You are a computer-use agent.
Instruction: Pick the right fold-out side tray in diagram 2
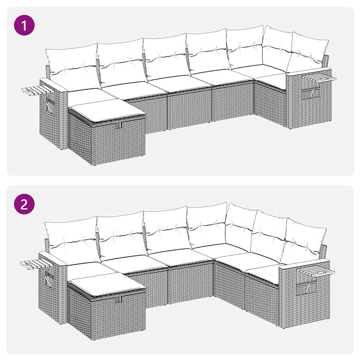(x=316, y=271)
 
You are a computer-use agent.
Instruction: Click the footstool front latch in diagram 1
(x=120, y=124)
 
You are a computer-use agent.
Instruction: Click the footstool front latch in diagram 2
(x=120, y=299)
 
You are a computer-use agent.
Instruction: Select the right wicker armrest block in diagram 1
(x=309, y=102)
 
